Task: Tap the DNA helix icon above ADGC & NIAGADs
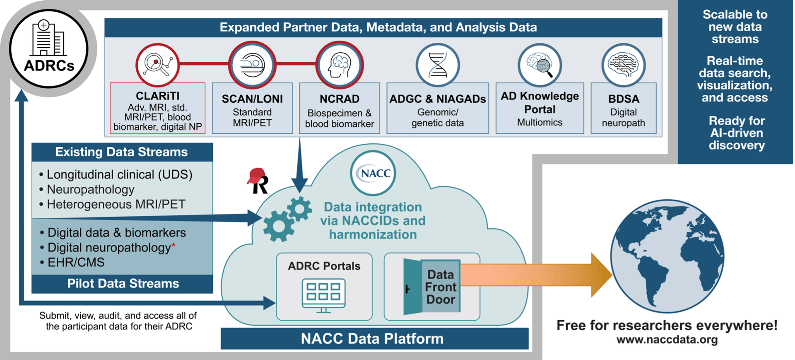pos(438,65)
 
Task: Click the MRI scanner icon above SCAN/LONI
pos(252,65)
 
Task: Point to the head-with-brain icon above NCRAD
pos(340,65)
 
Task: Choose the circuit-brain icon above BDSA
pos(624,65)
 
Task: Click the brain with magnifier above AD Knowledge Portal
pos(540,65)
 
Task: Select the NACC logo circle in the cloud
pos(373,173)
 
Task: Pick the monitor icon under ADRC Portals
pos(324,295)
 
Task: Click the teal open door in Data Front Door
pos(413,287)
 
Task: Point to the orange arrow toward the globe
pos(534,275)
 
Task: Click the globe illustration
pos(667,256)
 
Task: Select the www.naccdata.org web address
pos(667,340)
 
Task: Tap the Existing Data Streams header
pos(122,152)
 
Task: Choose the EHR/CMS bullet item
pos(76,262)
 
